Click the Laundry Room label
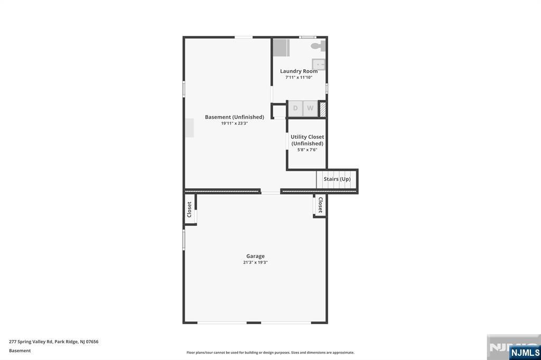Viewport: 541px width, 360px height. click(299, 71)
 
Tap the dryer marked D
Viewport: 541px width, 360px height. click(295, 108)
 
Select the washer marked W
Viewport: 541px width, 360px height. click(310, 108)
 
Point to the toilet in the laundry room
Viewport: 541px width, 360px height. click(318, 46)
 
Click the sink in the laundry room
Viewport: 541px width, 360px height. click(319, 64)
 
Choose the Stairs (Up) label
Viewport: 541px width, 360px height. click(337, 179)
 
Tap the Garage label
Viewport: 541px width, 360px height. click(255, 256)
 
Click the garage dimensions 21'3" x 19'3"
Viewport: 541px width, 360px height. click(255, 262)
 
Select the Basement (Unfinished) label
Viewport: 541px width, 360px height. click(235, 117)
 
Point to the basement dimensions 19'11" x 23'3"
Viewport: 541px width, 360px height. click(235, 123)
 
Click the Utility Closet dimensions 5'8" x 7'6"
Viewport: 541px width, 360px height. click(307, 150)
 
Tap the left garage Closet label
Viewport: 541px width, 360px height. click(189, 210)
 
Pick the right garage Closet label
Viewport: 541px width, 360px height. click(321, 205)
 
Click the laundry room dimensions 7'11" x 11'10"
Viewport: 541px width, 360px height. click(299, 77)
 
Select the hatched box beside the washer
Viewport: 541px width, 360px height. click(322, 109)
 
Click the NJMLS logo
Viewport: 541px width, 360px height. click(525, 353)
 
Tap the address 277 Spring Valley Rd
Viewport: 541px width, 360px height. click(31, 342)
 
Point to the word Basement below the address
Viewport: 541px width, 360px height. click(20, 350)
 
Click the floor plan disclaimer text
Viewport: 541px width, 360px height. click(270, 353)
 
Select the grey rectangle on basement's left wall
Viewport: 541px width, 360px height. click(190, 128)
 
